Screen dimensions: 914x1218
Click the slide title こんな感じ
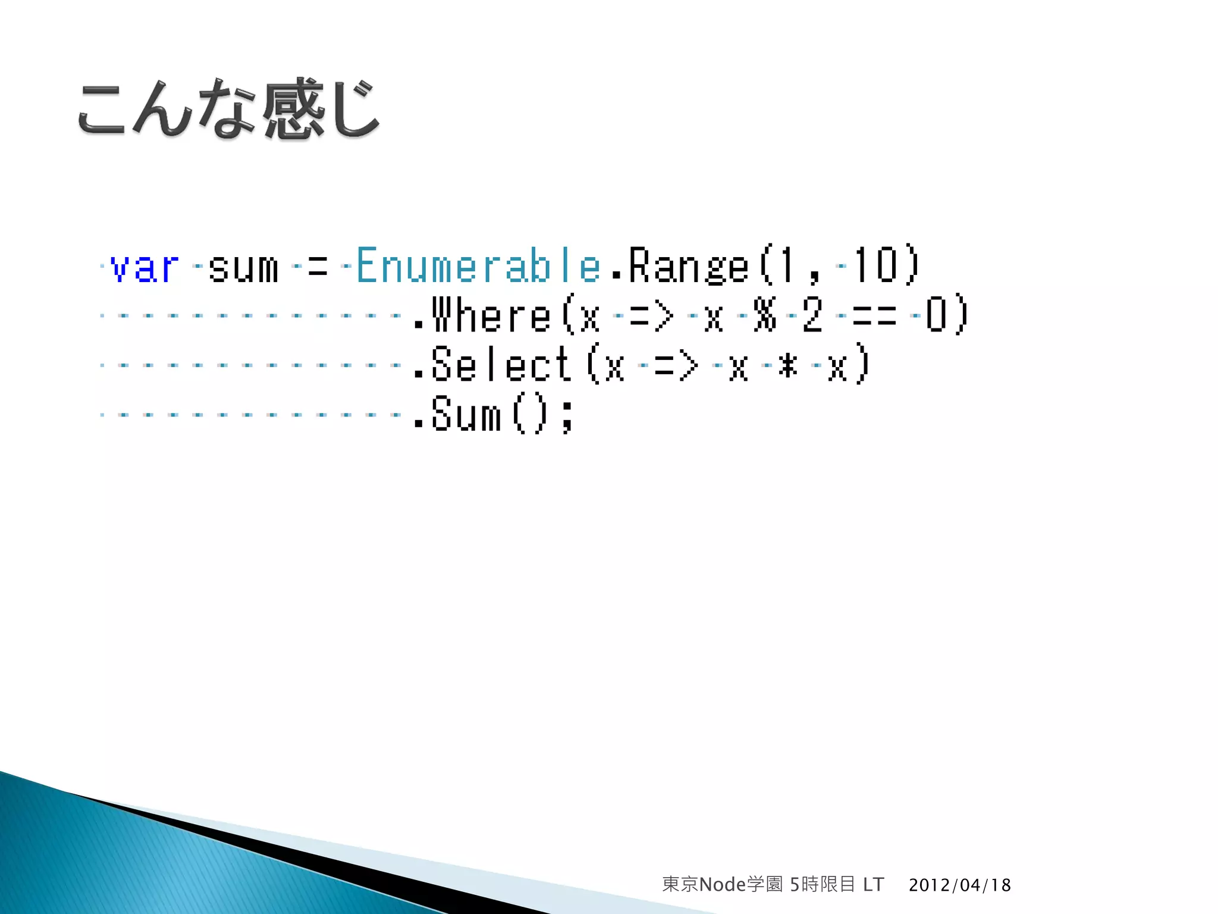pos(228,109)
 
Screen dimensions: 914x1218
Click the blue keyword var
pos(145,266)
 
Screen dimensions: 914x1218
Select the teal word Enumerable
pos(478,265)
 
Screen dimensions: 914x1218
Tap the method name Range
pos(688,266)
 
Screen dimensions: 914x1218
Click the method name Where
pos(491,315)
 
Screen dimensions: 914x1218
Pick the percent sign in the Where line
pos(764,315)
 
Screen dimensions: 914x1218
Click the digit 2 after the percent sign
pos(812,315)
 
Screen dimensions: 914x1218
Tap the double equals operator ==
pos(874,315)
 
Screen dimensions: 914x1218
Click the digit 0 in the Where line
pos(936,315)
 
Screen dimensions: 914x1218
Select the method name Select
pos(501,365)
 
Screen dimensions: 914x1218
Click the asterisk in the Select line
pos(788,365)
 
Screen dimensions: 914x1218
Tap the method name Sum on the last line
pos(466,415)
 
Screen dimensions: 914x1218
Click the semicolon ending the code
pos(567,416)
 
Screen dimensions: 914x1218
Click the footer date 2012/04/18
pos(959,885)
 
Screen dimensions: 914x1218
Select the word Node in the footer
pos(723,885)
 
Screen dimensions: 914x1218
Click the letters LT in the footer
pos(873,885)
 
